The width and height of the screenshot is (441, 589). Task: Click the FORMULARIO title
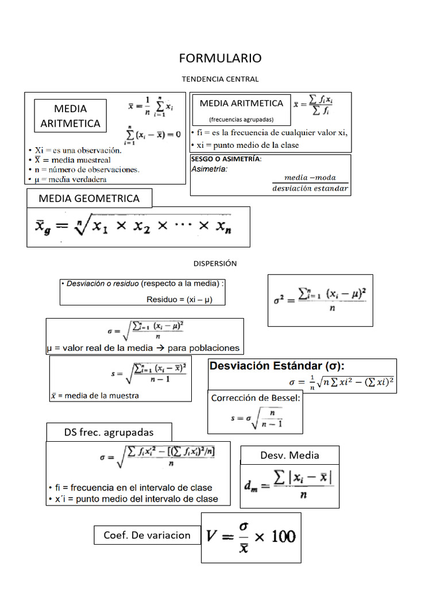click(x=220, y=58)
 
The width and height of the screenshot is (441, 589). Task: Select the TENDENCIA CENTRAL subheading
click(x=220, y=79)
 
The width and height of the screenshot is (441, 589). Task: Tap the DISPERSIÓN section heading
click(x=215, y=263)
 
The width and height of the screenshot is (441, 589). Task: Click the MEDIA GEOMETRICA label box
click(x=89, y=198)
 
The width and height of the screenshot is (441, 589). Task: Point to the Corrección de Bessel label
click(x=256, y=398)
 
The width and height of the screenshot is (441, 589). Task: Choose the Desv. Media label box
click(x=289, y=456)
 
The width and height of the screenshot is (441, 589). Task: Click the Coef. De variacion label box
click(x=146, y=535)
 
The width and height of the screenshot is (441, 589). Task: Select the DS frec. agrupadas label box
click(x=109, y=432)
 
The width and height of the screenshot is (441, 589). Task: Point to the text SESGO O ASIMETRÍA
click(x=226, y=159)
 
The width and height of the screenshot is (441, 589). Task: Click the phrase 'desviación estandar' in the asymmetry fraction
click(x=310, y=188)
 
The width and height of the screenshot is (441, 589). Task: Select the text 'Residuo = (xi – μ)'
click(x=179, y=299)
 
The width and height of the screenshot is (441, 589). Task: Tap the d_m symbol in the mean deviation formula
click(x=251, y=487)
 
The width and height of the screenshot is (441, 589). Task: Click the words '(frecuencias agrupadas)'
click(x=241, y=120)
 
